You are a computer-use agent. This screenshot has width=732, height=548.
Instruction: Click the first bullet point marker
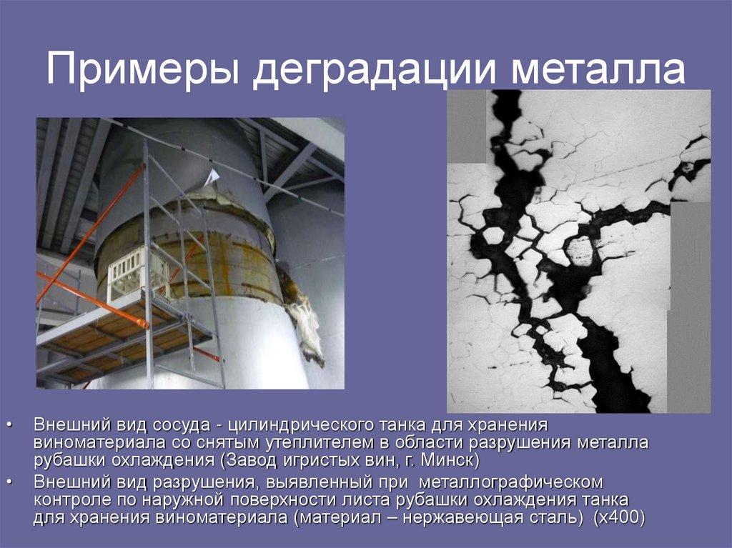coord(10,426)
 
